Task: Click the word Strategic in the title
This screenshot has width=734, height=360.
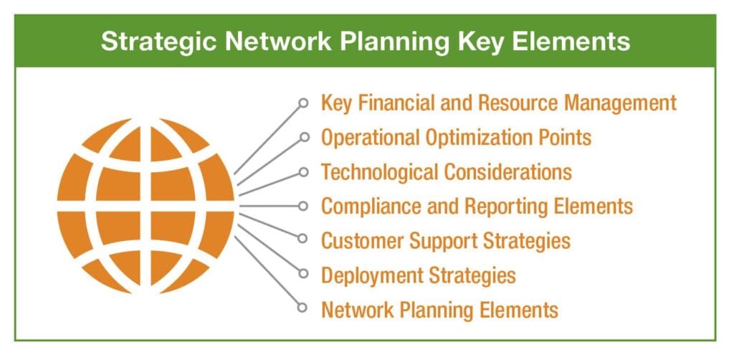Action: (159, 41)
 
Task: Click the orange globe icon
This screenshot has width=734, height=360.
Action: (146, 206)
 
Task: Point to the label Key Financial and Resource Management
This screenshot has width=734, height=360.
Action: (499, 103)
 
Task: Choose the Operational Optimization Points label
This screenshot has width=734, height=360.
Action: (457, 137)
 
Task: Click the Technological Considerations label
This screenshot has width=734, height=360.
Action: (447, 172)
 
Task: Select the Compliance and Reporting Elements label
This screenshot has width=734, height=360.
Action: (477, 206)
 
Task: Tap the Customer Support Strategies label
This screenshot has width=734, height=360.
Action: (446, 241)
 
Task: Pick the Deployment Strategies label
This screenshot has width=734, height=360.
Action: (419, 275)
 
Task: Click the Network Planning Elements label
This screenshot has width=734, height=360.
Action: (440, 309)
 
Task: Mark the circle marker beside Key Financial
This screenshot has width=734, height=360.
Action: (303, 103)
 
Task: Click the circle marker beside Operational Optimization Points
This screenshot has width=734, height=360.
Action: (304, 137)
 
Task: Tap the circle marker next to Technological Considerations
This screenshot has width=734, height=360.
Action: (303, 172)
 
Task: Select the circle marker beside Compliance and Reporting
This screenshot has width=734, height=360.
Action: (303, 206)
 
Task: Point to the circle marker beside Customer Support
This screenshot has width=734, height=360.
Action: (303, 239)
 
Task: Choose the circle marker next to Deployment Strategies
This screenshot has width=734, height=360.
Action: (303, 273)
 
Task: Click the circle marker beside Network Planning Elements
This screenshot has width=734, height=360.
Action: (302, 307)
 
